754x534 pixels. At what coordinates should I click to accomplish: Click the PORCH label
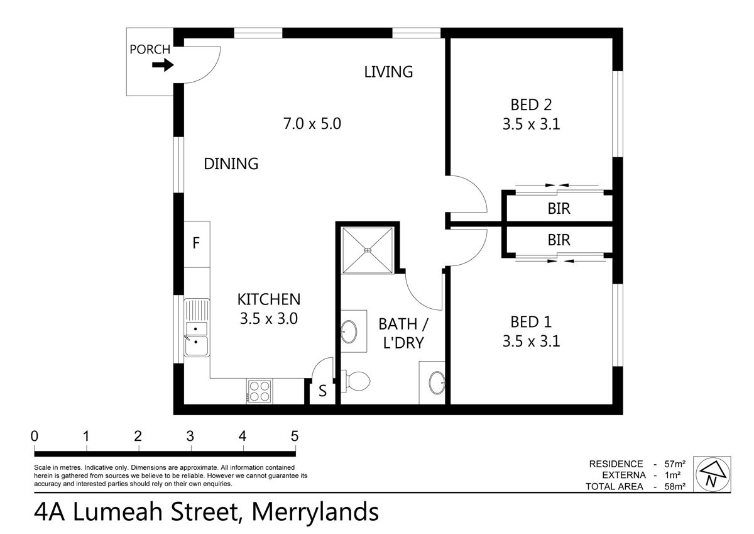tap(150, 50)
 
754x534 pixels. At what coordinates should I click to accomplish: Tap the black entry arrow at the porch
tap(163, 65)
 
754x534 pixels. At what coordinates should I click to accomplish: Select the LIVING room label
tap(388, 72)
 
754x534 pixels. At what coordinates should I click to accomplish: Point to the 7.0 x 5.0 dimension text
tap(312, 123)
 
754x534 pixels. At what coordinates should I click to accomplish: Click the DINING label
tap(231, 164)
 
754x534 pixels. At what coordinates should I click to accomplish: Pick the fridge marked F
tap(196, 243)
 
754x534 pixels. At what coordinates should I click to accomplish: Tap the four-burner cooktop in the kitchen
tap(260, 391)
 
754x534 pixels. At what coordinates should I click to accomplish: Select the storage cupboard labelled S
tap(322, 391)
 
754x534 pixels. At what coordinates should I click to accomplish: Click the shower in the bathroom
tap(368, 250)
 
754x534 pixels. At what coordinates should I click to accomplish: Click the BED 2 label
tap(530, 104)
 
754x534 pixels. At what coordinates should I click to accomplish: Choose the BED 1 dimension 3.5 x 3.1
tap(530, 342)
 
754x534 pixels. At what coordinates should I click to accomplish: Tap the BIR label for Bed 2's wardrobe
tap(559, 208)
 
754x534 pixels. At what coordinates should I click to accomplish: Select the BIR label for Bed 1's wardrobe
tap(559, 240)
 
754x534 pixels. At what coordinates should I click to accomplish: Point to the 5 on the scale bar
tap(294, 436)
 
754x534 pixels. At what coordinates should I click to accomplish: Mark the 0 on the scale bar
tap(35, 436)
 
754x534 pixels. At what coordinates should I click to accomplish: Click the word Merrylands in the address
tap(315, 512)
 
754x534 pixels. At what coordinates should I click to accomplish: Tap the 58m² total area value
tap(674, 486)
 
